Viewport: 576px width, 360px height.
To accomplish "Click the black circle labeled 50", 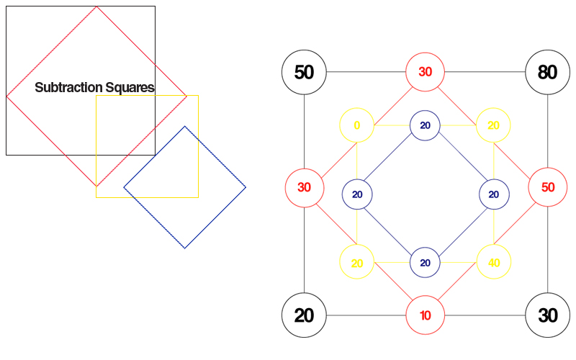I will [304, 72].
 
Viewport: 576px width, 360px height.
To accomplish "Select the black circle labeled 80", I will [547, 72].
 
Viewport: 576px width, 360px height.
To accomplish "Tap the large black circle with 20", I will [304, 315].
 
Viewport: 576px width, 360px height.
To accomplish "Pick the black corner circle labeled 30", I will [547, 315].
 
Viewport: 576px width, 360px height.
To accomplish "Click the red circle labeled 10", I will [426, 315].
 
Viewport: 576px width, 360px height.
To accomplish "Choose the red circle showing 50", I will [547, 187].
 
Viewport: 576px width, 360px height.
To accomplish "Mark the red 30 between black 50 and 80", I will [426, 72].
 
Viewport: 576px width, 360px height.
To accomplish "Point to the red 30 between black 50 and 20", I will [304, 187].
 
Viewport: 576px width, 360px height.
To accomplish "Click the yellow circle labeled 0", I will [357, 125].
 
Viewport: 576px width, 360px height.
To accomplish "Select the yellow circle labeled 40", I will [493, 263].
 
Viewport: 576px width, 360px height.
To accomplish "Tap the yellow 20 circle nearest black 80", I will [493, 125].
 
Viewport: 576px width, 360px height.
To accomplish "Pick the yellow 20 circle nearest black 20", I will [357, 263].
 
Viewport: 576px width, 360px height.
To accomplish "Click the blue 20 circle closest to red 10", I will [426, 263].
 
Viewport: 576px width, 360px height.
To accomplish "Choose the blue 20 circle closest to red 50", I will [494, 194].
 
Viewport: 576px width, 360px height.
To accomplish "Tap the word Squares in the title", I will [130, 88].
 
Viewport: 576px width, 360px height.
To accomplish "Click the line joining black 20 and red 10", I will [365, 315].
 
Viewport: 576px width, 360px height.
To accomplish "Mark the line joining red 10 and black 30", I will [486, 315].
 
